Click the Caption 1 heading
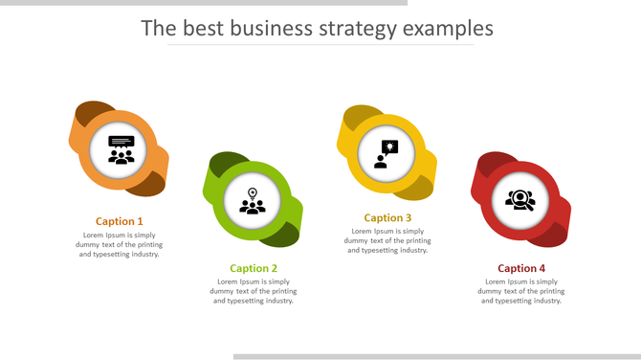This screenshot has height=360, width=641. point(120,221)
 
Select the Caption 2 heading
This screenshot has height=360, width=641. point(254,268)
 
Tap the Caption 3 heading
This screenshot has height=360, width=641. point(387,217)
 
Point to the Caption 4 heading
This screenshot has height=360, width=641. point(521,268)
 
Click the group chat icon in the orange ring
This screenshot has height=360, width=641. point(121,149)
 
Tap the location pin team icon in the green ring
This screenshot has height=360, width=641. point(253,201)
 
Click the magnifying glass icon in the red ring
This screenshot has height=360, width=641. point(519,200)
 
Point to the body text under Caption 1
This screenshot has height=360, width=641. point(120,244)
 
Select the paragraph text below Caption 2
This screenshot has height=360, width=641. point(254,291)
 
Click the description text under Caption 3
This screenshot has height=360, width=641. point(387,240)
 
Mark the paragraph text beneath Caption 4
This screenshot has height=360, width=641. point(521,291)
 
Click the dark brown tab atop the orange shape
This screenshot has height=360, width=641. point(92,111)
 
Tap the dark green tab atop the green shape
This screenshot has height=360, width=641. point(225,163)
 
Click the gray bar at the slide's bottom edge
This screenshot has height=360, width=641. point(436,356)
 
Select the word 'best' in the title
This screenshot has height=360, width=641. point(199,28)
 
